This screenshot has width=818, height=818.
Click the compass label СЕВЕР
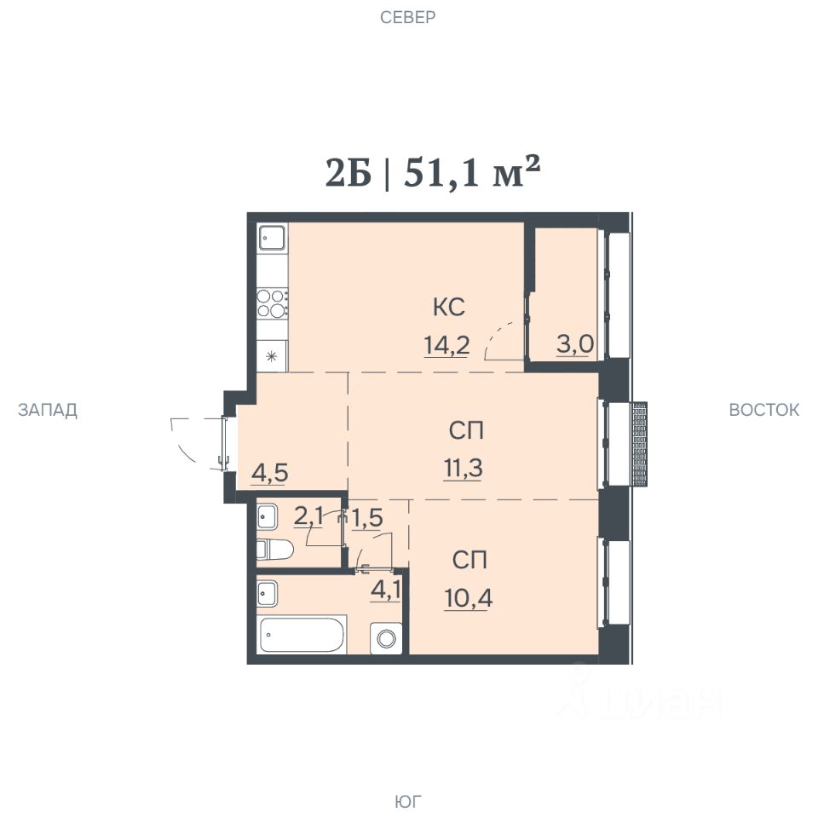tap(407, 17)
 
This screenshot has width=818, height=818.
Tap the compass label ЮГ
tap(407, 801)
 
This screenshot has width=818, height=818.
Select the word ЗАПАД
tap(48, 410)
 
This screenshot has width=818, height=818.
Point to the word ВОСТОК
tap(763, 410)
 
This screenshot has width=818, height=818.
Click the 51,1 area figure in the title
tap(441, 173)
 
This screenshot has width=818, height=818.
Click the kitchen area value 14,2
tap(446, 345)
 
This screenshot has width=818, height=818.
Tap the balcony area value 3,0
tap(575, 345)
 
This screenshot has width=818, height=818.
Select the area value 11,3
tap(463, 468)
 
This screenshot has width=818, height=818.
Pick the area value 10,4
tap(468, 598)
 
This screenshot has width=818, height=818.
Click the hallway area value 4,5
tap(270, 474)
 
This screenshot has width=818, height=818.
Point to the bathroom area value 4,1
tap(385, 590)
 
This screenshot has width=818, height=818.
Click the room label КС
tap(449, 307)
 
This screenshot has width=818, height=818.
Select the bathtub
tap(302, 635)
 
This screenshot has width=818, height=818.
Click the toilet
tap(274, 550)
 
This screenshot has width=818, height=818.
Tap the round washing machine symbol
tap(386, 638)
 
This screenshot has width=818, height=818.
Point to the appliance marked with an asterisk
tap(272, 356)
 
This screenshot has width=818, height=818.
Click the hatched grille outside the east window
tap(639, 444)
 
